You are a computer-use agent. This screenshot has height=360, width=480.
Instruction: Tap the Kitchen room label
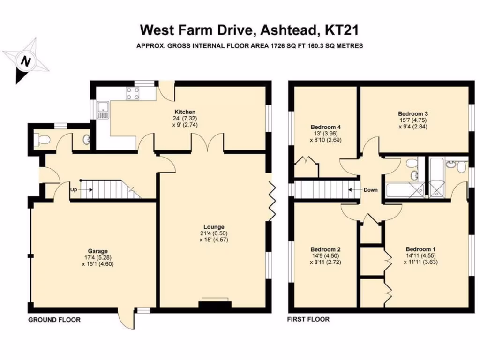coord(185,112)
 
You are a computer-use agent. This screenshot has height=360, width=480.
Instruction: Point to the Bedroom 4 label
coord(325,127)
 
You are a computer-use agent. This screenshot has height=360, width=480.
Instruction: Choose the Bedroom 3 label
coord(413,113)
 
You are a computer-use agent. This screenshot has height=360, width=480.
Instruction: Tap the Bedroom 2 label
coord(325,249)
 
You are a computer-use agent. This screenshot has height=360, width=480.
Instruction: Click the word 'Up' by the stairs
coord(74,190)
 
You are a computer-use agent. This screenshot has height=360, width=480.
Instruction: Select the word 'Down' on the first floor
coord(371,190)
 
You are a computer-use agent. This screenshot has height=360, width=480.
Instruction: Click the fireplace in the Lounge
coord(215,304)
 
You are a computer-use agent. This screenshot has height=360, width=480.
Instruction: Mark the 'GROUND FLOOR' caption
coord(54,320)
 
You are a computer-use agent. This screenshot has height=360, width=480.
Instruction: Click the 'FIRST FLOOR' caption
coord(308,320)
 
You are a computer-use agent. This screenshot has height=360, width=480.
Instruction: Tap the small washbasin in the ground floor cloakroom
coord(86,139)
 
